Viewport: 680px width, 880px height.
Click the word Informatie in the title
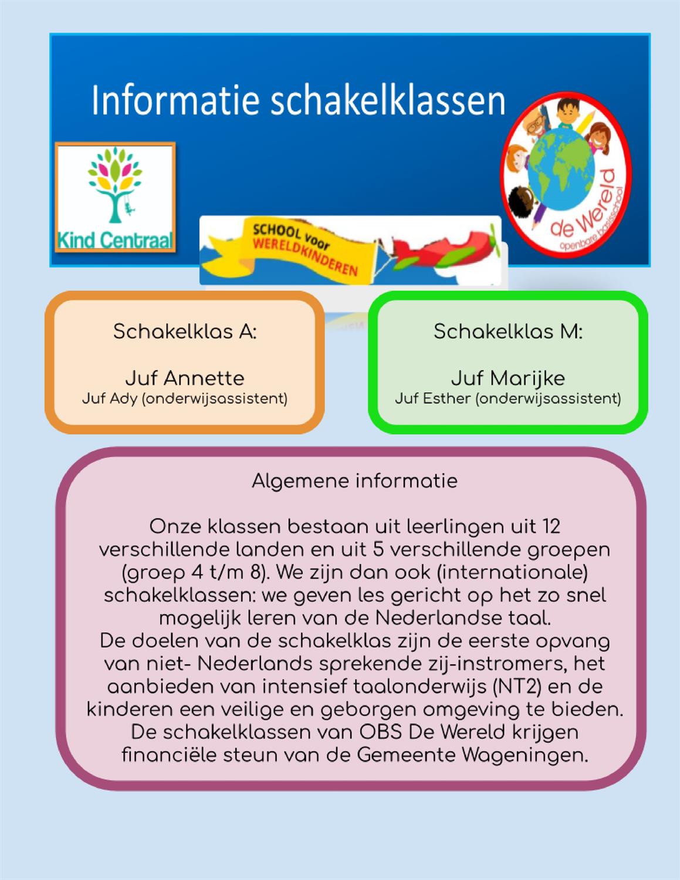coord(175,100)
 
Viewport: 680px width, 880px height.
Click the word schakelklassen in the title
coord(388,100)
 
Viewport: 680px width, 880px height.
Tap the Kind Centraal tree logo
coord(116,188)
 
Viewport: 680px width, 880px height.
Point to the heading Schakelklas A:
coord(185,331)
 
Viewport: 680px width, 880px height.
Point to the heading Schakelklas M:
coord(508,331)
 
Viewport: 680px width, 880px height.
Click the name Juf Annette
coord(185,377)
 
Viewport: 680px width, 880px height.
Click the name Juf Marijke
coord(508,377)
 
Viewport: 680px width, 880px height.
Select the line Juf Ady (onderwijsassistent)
coord(185,399)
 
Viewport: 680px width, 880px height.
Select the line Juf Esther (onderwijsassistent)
coord(508,399)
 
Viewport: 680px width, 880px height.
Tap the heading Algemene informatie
coord(354,481)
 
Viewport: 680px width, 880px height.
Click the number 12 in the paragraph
coord(551,526)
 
